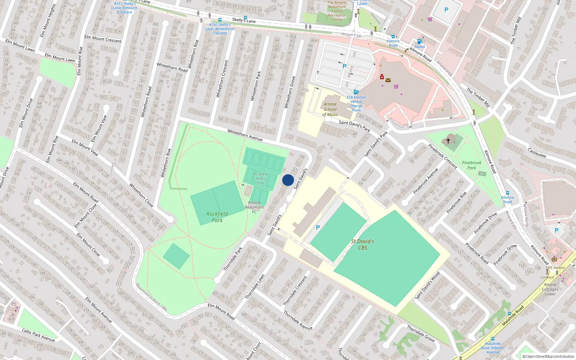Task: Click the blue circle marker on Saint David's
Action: (288, 180)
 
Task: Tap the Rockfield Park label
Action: (217, 217)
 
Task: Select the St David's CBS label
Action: (363, 244)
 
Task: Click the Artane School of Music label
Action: (330, 109)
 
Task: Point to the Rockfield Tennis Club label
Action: (260, 179)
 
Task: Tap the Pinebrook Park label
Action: (471, 165)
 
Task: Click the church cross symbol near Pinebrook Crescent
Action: (448, 140)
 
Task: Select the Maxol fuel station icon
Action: (419, 42)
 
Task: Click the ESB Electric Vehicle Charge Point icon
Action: (356, 92)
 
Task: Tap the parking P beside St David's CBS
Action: (318, 228)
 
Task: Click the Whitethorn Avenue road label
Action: (245, 135)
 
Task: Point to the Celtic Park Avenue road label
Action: (38, 335)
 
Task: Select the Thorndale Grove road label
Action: (420, 333)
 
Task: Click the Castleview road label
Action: (537, 153)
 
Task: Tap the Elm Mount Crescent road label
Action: (103, 39)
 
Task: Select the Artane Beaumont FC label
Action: (254, 207)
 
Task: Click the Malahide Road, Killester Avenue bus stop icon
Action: (493, 339)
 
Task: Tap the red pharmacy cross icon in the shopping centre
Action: (382, 77)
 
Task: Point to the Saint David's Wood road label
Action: (427, 286)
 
